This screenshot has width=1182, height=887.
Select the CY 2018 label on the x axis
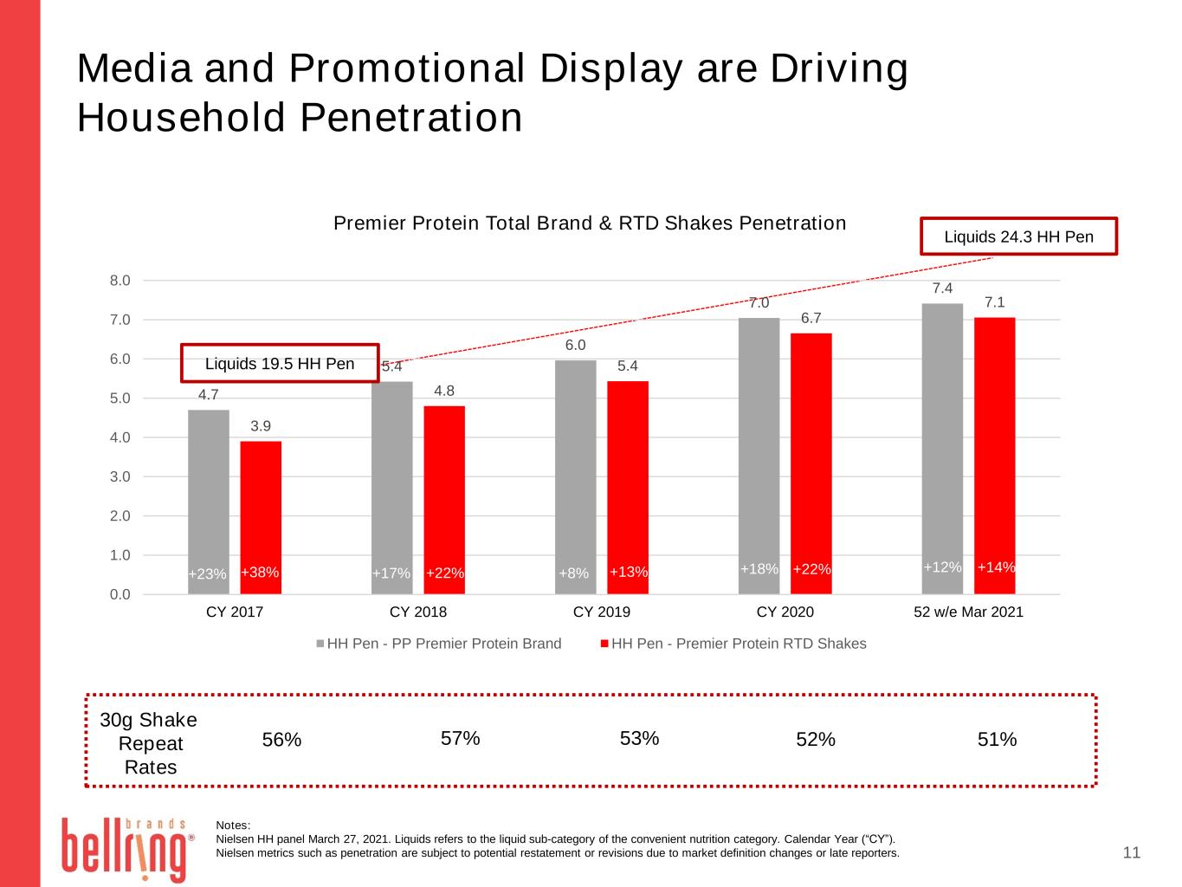coord(418,612)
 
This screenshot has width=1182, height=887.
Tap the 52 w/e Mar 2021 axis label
coord(968,612)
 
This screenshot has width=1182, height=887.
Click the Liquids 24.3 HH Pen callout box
coord(1018,236)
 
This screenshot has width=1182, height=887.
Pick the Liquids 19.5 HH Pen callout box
coord(280,364)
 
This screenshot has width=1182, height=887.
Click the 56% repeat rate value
coord(281,740)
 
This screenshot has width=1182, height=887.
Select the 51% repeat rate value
coord(997,740)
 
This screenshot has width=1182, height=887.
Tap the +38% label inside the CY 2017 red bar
coord(260,573)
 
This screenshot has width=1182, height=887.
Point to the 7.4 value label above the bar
coord(942,288)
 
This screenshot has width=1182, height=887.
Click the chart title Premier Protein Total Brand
coord(590,223)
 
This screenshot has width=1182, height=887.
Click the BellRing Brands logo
coord(124,848)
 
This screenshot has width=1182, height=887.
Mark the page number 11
coord(1132,853)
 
